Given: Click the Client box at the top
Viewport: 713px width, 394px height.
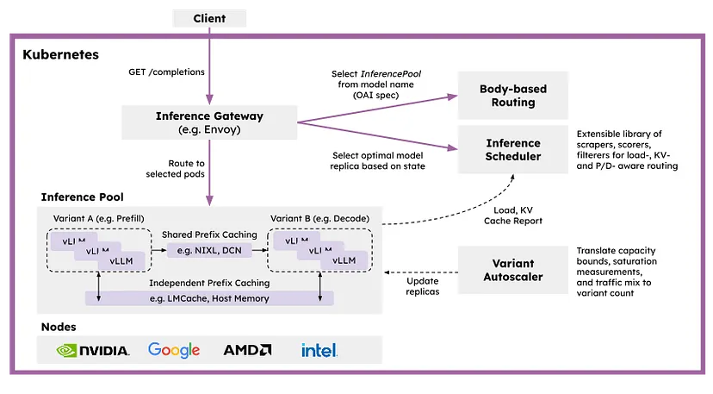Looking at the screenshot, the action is pyautogui.click(x=209, y=18).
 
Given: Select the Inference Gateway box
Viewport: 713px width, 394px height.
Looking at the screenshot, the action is pyautogui.click(x=209, y=122).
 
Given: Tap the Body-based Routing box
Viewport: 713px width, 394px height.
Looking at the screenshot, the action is pyautogui.click(x=513, y=95).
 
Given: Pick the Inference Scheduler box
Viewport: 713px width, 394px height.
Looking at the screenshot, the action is pyautogui.click(x=513, y=149).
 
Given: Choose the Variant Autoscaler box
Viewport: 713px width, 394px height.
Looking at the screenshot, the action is pyautogui.click(x=513, y=270).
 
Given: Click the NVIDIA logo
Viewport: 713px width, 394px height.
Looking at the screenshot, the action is pyautogui.click(x=93, y=350).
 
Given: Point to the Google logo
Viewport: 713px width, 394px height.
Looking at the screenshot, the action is pyautogui.click(x=174, y=350).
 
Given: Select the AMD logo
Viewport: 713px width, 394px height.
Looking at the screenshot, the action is pyautogui.click(x=247, y=350).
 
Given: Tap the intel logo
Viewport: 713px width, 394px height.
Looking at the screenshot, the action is pyautogui.click(x=319, y=350).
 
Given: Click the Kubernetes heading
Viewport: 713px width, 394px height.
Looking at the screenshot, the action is pyautogui.click(x=60, y=54).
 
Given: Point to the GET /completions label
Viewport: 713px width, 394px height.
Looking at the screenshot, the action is pyautogui.click(x=166, y=72).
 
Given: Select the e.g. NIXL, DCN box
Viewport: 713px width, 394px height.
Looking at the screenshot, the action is pyautogui.click(x=209, y=250).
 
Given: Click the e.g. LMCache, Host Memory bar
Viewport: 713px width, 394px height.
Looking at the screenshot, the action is pyautogui.click(x=209, y=298).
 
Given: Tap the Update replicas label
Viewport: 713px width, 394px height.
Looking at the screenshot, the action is pyautogui.click(x=423, y=286).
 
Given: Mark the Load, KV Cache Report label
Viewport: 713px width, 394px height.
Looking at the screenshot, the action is pyautogui.click(x=513, y=216).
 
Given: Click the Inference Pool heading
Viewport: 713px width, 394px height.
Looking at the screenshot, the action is pyautogui.click(x=83, y=197).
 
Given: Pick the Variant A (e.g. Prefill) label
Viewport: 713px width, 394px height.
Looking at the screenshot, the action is pyautogui.click(x=99, y=219).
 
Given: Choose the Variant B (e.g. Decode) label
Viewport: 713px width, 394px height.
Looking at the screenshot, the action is pyautogui.click(x=319, y=219).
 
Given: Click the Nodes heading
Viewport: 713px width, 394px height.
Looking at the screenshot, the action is pyautogui.click(x=59, y=327).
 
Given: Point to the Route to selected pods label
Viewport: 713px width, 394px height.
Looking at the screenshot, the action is pyautogui.click(x=175, y=168).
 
